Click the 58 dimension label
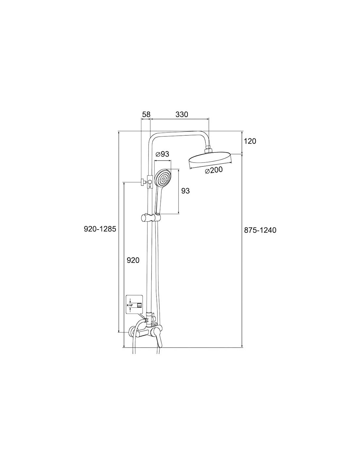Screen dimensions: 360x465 146,114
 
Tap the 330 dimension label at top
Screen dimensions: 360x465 182,114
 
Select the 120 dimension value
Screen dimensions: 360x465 250,141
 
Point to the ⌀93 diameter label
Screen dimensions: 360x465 162,154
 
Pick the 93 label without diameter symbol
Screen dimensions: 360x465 186,191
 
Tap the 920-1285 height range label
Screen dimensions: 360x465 100,229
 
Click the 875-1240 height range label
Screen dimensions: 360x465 260,230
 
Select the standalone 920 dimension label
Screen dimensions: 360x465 133,260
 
